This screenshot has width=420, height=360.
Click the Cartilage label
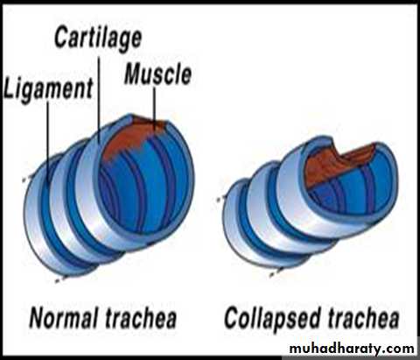[98, 38]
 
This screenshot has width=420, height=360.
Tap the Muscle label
[157, 74]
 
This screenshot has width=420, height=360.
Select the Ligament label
[48, 88]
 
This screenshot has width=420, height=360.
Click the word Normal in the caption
[63, 318]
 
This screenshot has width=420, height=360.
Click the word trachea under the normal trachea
[141, 318]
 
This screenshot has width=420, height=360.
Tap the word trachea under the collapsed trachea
[363, 318]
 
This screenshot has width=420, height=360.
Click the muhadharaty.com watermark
[352, 349]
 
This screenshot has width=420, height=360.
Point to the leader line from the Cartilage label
[99, 99]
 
